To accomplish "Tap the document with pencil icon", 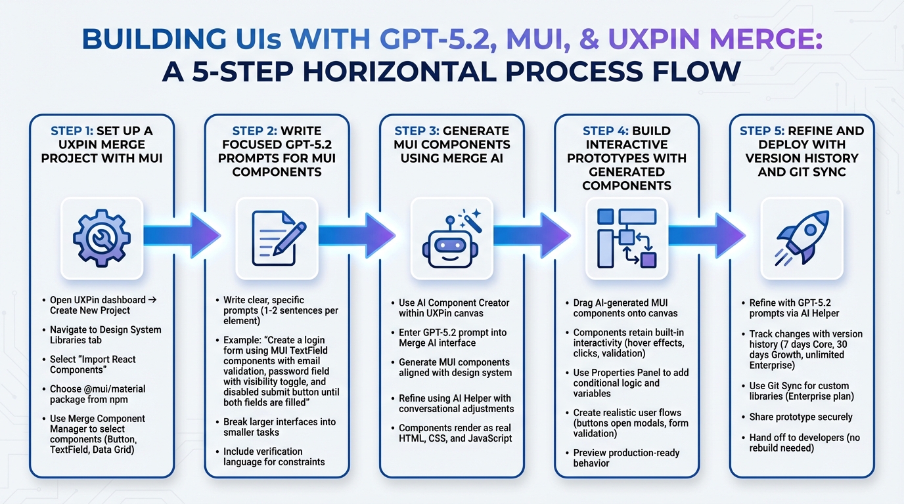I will [x=277, y=237].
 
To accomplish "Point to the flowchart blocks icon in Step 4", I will [x=627, y=238].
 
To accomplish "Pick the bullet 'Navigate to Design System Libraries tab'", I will [x=105, y=335].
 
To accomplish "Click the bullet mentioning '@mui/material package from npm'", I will [x=97, y=394].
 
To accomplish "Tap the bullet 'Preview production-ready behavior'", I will [x=625, y=457].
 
